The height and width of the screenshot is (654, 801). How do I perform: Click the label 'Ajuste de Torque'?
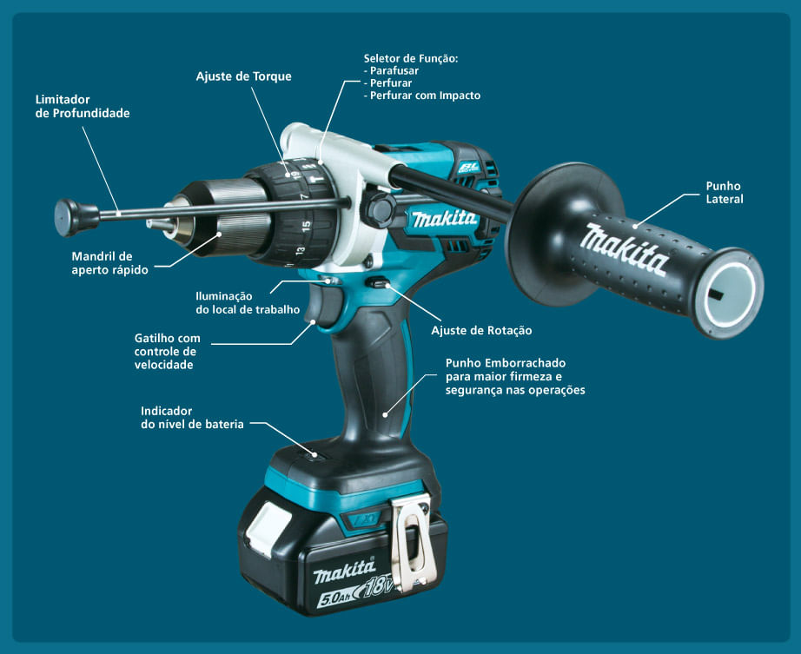click(x=243, y=76)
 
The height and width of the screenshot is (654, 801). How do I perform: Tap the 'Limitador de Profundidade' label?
click(x=83, y=106)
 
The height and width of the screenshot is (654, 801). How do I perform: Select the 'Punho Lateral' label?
click(x=724, y=192)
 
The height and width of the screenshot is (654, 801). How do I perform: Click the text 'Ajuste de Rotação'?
click(x=481, y=330)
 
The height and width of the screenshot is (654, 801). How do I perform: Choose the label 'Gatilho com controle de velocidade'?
click(x=168, y=351)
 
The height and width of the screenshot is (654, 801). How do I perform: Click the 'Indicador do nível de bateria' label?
click(x=192, y=417)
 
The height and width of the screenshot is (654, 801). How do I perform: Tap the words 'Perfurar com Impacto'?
click(x=425, y=96)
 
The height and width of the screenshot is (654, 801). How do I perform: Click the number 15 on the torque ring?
click(x=306, y=226)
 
